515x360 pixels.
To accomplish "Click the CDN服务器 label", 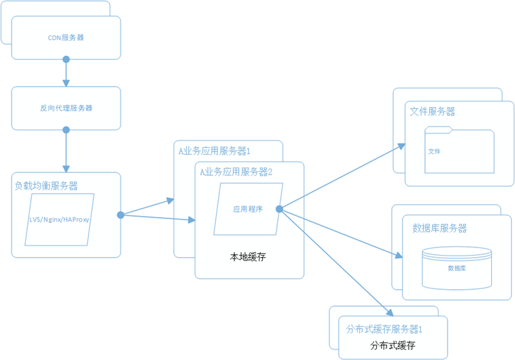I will click(x=66, y=37).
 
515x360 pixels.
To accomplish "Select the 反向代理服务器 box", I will click(x=66, y=108).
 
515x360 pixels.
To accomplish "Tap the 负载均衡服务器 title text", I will click(x=46, y=185).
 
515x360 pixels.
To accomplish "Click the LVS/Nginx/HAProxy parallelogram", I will click(x=59, y=220).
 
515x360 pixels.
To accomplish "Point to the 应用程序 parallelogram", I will click(x=247, y=209).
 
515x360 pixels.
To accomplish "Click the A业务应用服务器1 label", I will click(x=215, y=151).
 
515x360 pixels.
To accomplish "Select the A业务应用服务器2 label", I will click(x=236, y=172).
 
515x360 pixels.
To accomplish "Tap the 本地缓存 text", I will click(x=247, y=257).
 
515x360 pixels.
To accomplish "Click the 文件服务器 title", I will click(x=433, y=111).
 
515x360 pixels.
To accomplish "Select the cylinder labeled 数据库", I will click(x=456, y=267).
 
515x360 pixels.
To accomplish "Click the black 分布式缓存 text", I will click(x=392, y=346).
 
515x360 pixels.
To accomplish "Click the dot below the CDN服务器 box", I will click(x=66, y=59).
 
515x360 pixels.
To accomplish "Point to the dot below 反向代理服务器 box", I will click(x=66, y=130).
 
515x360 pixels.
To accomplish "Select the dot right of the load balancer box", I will click(x=121, y=215).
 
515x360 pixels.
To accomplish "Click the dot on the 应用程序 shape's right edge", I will click(x=279, y=209).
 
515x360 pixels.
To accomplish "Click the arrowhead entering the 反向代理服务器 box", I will click(x=66, y=83).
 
